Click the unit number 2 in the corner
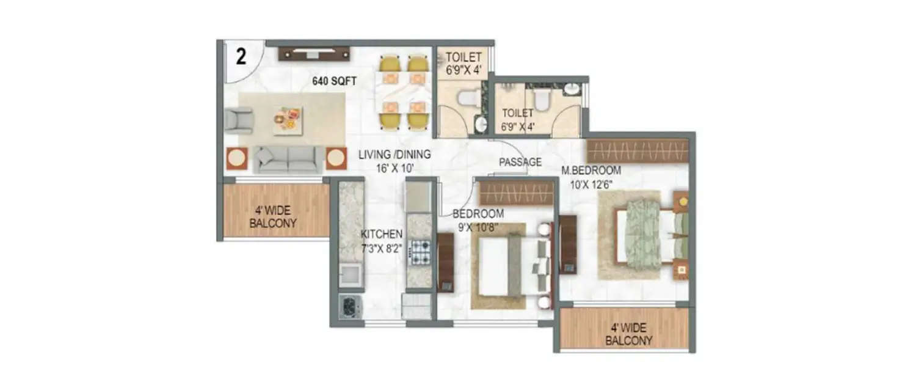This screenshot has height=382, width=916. coord(241,57)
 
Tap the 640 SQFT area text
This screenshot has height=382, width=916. coord(334,80)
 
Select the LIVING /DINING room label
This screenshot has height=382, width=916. coord(394,160)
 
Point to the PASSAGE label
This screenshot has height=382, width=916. coord(520,162)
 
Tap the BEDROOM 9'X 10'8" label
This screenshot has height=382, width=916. coord(478,219)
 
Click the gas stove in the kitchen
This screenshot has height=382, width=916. coord(420,252)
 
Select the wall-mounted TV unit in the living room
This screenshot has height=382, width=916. coord(314,54)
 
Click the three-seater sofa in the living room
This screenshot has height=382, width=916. coord(288,159)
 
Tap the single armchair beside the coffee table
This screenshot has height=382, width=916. coord(238,120)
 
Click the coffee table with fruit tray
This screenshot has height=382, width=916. coord(287,119)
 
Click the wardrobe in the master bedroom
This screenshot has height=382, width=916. coord(638,150)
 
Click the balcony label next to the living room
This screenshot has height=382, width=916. coord(273,217)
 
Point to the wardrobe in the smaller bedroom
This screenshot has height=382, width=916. coord(516,193)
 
